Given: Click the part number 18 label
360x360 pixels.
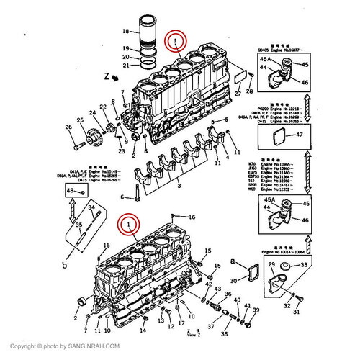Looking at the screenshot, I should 125,31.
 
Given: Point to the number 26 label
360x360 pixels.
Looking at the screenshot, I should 69,128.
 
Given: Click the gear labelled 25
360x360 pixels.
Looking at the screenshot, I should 94,135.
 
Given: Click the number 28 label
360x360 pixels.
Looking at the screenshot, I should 249,92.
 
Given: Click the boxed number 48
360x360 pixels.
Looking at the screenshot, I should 71,190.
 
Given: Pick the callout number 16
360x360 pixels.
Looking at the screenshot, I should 192,216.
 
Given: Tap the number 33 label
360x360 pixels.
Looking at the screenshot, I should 303,265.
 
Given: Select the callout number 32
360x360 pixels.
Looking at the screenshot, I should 287,306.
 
